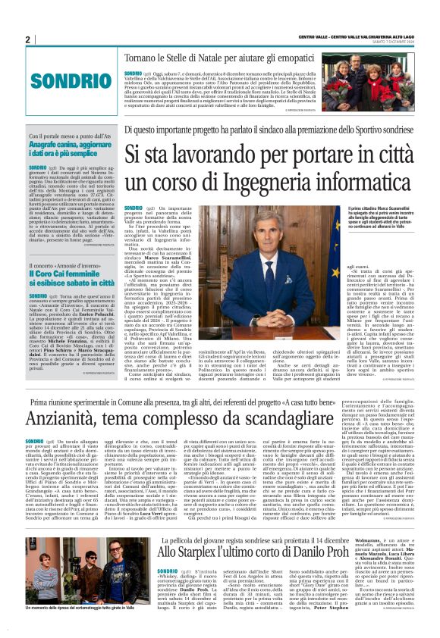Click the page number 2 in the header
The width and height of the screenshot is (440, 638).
click(x=27, y=40)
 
